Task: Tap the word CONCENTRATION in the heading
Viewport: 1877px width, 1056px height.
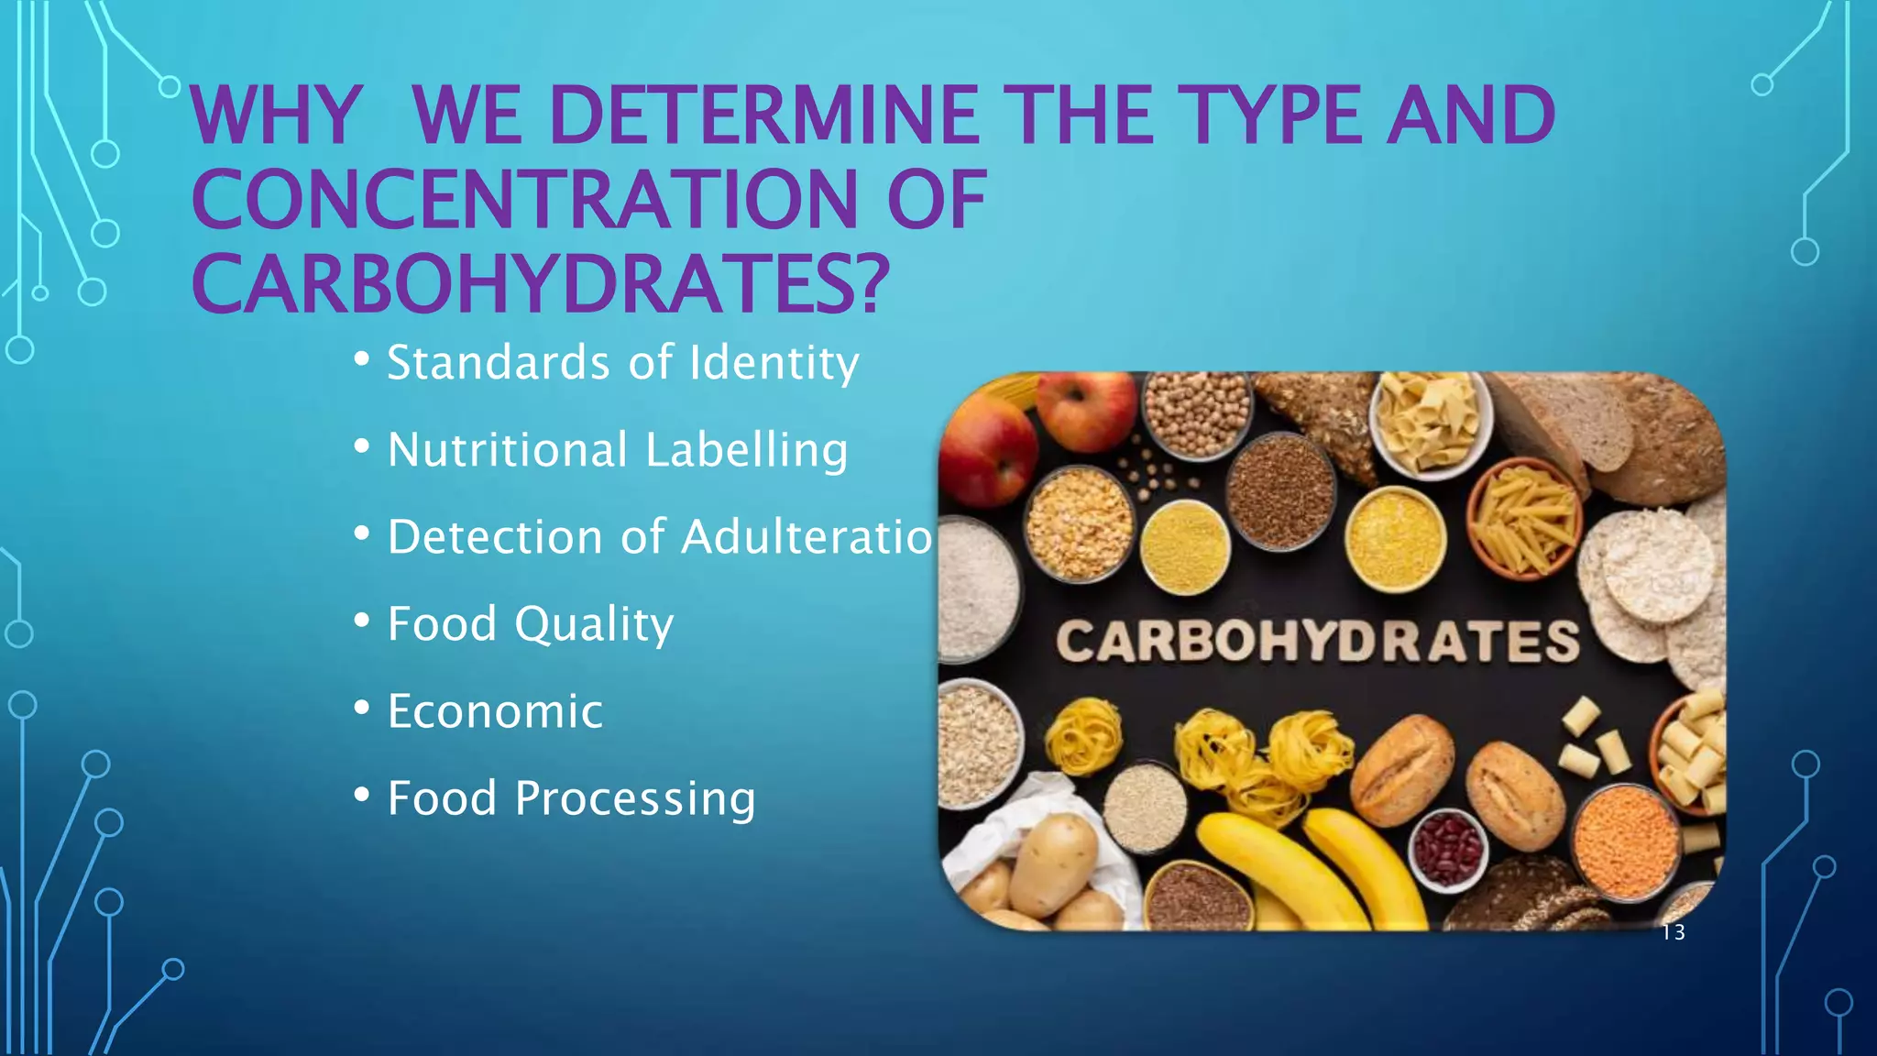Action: [523, 200]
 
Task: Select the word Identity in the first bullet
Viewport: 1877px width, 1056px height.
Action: [774, 362]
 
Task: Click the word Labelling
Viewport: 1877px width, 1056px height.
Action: [746, 450]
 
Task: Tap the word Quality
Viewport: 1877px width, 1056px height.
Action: [593, 625]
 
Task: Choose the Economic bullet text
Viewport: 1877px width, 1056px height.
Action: [495, 711]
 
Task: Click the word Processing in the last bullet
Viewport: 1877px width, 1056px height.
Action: [634, 798]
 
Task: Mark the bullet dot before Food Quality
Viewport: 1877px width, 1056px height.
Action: [362, 621]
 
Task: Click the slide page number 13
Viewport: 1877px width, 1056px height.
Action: [1673, 933]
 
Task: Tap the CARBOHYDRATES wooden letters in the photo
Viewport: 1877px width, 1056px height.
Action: [1317, 641]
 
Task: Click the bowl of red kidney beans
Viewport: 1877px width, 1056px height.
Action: [1448, 848]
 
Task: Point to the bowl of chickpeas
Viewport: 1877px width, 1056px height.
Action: [1197, 413]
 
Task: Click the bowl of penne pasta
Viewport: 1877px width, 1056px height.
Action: [1523, 519]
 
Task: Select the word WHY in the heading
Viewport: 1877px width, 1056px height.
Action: [275, 116]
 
